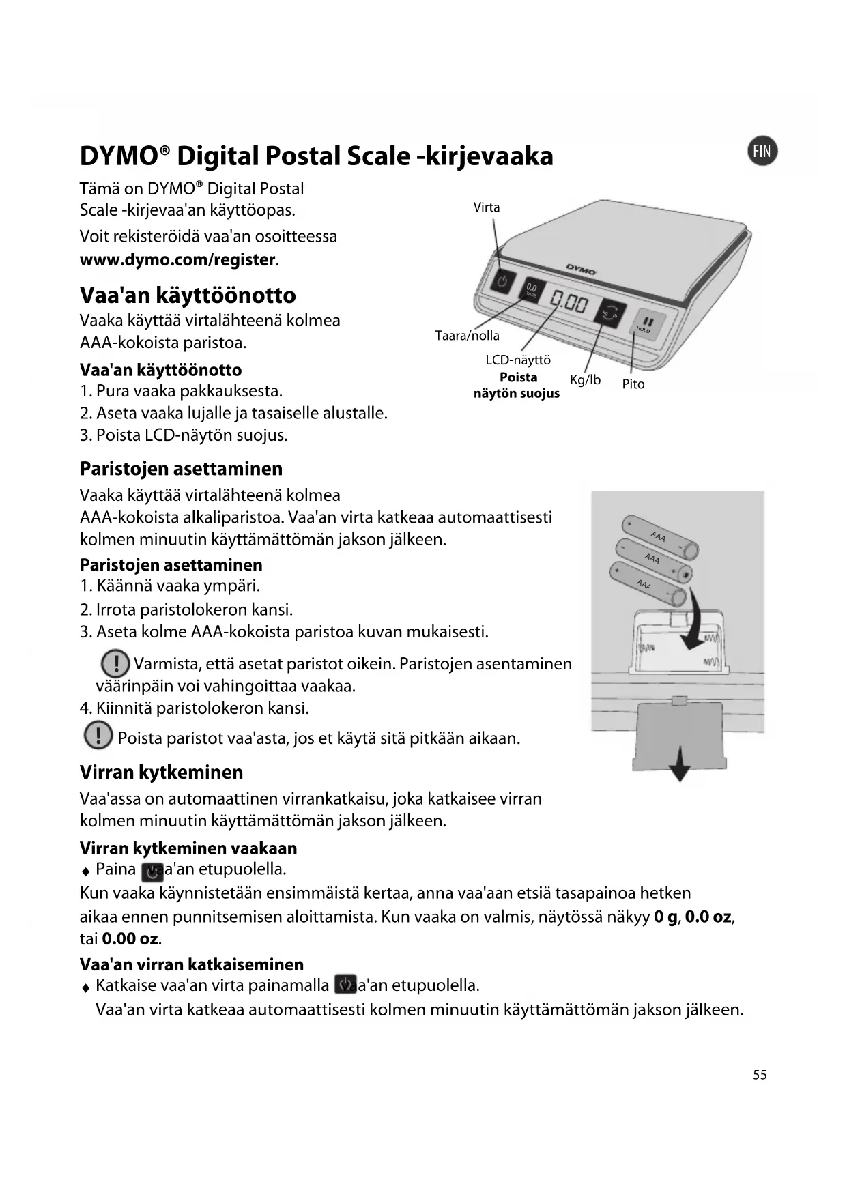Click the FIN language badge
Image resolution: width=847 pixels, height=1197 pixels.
click(762, 151)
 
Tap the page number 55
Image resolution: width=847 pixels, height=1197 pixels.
click(760, 1075)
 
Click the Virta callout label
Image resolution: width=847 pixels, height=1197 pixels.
click(487, 207)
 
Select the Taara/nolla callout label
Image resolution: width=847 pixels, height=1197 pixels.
click(467, 335)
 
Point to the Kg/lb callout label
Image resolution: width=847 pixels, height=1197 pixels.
click(585, 379)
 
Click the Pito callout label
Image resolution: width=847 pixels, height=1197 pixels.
click(633, 384)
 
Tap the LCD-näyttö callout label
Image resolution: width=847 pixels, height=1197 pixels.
click(517, 360)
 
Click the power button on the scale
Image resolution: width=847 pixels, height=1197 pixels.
click(502, 281)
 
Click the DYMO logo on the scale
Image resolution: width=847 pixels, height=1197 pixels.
click(581, 269)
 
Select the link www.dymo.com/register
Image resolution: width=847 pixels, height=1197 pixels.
click(177, 260)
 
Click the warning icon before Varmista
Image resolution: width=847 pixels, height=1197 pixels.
click(115, 663)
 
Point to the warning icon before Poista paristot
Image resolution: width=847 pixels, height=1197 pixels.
click(98, 736)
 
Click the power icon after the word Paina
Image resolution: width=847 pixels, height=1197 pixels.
click(152, 871)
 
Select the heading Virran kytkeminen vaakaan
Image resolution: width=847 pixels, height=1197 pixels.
click(188, 848)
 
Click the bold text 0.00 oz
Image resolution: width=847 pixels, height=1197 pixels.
click(130, 938)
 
